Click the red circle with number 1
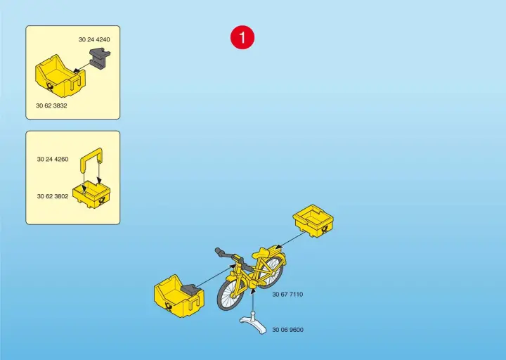[x=242, y=37]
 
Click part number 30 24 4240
[x=94, y=39]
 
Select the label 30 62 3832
[x=51, y=105]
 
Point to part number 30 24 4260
[x=53, y=159]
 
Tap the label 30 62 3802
[x=53, y=196]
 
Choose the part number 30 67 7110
[x=287, y=294]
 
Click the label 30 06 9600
[x=288, y=330]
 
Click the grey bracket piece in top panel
[x=100, y=58]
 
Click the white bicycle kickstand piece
[x=253, y=322]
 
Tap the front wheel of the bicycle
[x=231, y=293]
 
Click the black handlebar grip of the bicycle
[x=221, y=252]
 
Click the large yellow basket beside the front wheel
[x=179, y=295]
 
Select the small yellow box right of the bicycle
[x=313, y=221]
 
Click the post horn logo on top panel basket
[x=51, y=86]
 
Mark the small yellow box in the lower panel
[x=92, y=195]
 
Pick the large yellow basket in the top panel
[x=60, y=76]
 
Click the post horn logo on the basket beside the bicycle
[x=169, y=306]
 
